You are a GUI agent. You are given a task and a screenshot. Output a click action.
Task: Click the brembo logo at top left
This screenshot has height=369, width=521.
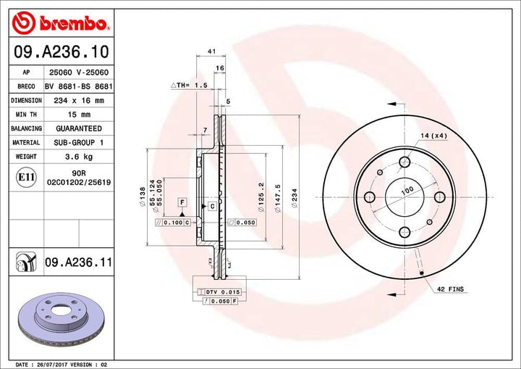point(62,24)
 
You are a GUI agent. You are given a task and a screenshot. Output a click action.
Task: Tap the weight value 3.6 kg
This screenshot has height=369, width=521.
point(77,156)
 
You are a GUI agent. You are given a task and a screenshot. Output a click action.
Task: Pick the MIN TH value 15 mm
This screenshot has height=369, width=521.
point(77,115)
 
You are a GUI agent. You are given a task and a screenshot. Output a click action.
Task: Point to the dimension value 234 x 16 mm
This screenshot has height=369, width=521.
point(77,101)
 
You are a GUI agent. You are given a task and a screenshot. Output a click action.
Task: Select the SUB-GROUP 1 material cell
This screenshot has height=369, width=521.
point(77,142)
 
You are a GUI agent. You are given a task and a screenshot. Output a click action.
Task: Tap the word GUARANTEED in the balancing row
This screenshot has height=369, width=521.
point(77,128)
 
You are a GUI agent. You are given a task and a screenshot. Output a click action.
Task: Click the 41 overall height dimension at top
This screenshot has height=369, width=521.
point(211,51)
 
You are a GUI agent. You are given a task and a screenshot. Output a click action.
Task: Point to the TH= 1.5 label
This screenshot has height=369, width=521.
point(190,85)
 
